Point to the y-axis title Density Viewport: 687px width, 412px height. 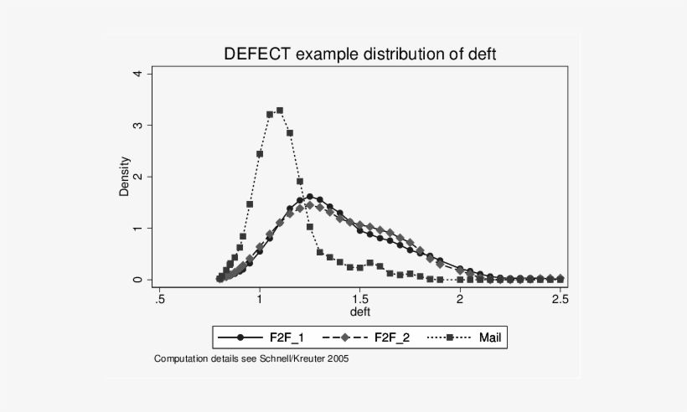pos(125,176)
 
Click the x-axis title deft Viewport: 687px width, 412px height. pos(359,312)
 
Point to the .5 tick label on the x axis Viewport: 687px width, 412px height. pos(159,298)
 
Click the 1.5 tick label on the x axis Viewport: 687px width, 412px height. pos(359,298)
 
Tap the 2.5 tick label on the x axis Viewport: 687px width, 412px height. pos(560,298)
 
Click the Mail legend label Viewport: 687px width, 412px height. pos(490,337)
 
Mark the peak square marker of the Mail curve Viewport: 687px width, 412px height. pos(280,111)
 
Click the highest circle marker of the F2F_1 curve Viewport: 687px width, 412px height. pos(309,197)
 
